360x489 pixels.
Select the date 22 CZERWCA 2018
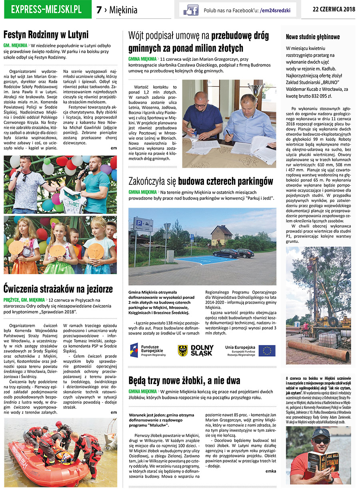(334, 9)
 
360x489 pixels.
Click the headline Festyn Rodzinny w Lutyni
(46, 34)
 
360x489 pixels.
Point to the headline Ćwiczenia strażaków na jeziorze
(58, 289)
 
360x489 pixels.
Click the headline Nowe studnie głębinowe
(313, 37)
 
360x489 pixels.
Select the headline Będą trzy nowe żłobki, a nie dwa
(184, 380)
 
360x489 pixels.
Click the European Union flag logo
(267, 351)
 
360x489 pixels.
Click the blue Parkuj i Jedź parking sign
(143, 224)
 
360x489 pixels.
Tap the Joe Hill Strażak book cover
(324, 466)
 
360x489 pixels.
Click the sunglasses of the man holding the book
(321, 441)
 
